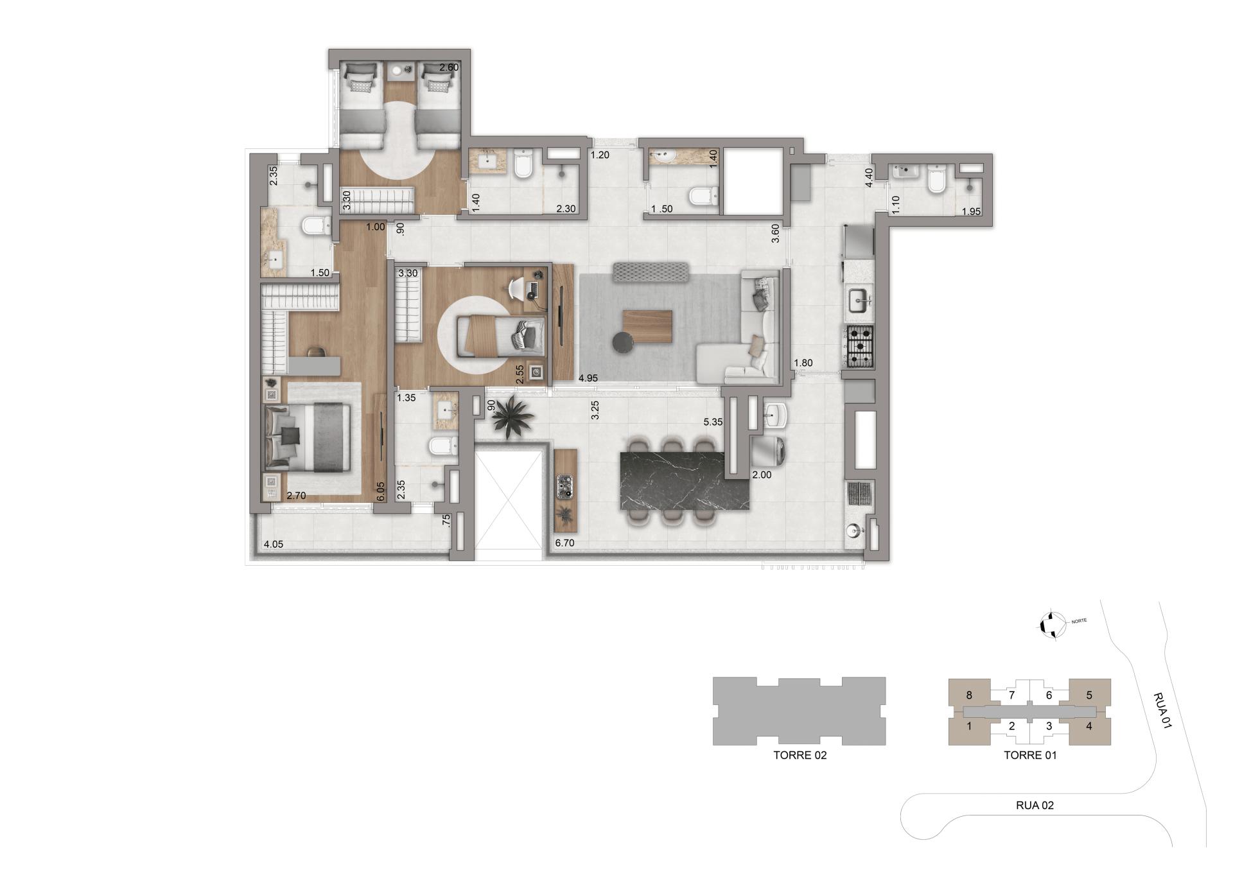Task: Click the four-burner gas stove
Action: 860,347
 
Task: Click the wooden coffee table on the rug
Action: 647,326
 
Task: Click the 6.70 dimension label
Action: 564,543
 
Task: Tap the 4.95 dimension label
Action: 588,378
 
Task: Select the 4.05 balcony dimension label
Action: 273,545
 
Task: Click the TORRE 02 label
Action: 800,755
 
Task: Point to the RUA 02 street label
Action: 1035,805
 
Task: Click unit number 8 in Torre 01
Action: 969,695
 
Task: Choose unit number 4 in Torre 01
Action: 1089,726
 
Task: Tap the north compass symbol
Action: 1052,623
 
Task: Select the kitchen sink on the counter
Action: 859,299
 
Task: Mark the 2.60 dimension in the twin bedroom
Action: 449,67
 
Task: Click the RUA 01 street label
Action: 1162,710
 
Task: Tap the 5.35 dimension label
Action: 713,422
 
